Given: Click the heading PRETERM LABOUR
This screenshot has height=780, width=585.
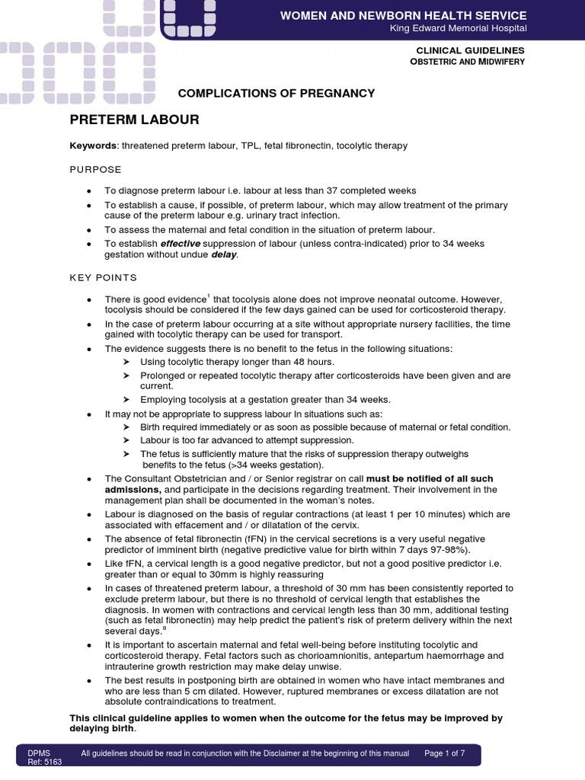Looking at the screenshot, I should tap(134, 120).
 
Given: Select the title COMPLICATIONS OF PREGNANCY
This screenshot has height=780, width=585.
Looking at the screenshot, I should tap(276, 93).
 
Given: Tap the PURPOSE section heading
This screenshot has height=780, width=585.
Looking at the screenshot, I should tap(95, 169).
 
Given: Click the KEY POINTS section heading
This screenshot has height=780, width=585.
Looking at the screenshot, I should tap(104, 278).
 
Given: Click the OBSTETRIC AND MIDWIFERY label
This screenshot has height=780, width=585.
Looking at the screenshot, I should tap(467, 61).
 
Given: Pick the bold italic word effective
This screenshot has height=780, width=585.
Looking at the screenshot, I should tap(180, 243).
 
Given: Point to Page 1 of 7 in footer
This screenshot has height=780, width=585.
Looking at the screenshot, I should tap(444, 753).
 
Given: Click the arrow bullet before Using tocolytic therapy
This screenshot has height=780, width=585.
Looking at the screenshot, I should tap(126, 362).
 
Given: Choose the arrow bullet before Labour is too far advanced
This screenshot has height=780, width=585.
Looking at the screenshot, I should tap(126, 440).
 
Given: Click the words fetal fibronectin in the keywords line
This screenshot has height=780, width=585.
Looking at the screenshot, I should tap(299, 145).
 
